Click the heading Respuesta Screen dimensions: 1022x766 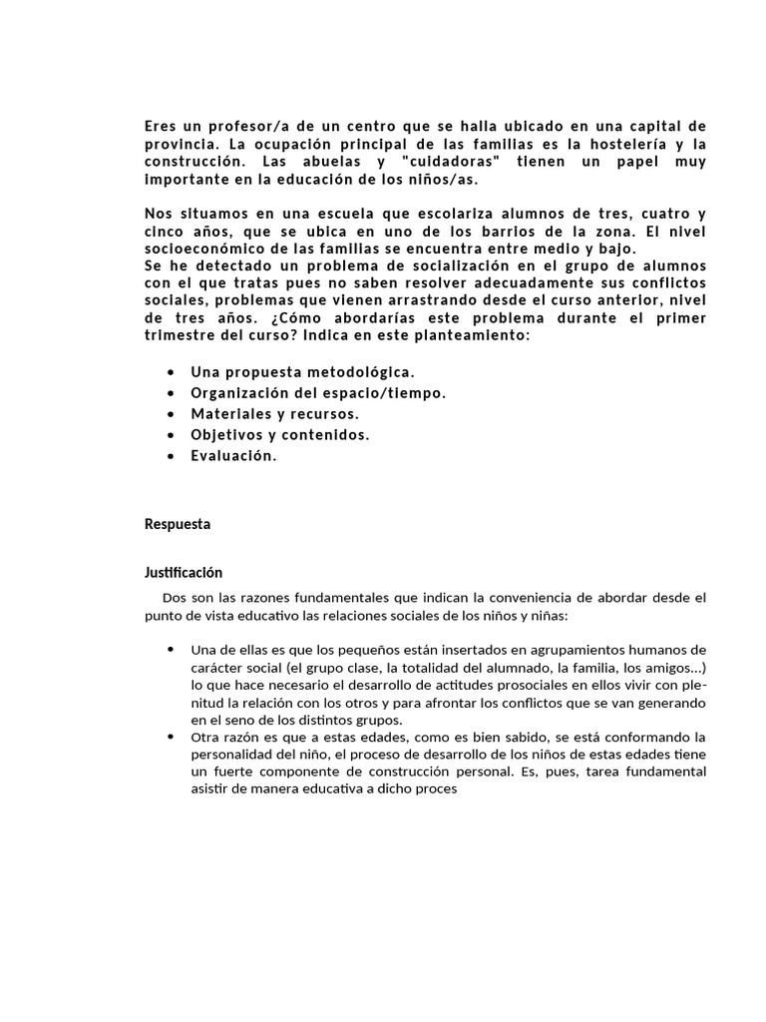coord(178,524)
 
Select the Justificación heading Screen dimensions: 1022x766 coord(184,573)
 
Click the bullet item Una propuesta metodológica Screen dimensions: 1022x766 coord(302,371)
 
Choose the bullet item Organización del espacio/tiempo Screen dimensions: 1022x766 coord(318,392)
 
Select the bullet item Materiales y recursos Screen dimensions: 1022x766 coord(274,413)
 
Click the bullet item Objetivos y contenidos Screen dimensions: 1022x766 coord(279,434)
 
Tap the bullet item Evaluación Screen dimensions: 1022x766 coord(233,455)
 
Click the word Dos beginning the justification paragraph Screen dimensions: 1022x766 coord(174,598)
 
